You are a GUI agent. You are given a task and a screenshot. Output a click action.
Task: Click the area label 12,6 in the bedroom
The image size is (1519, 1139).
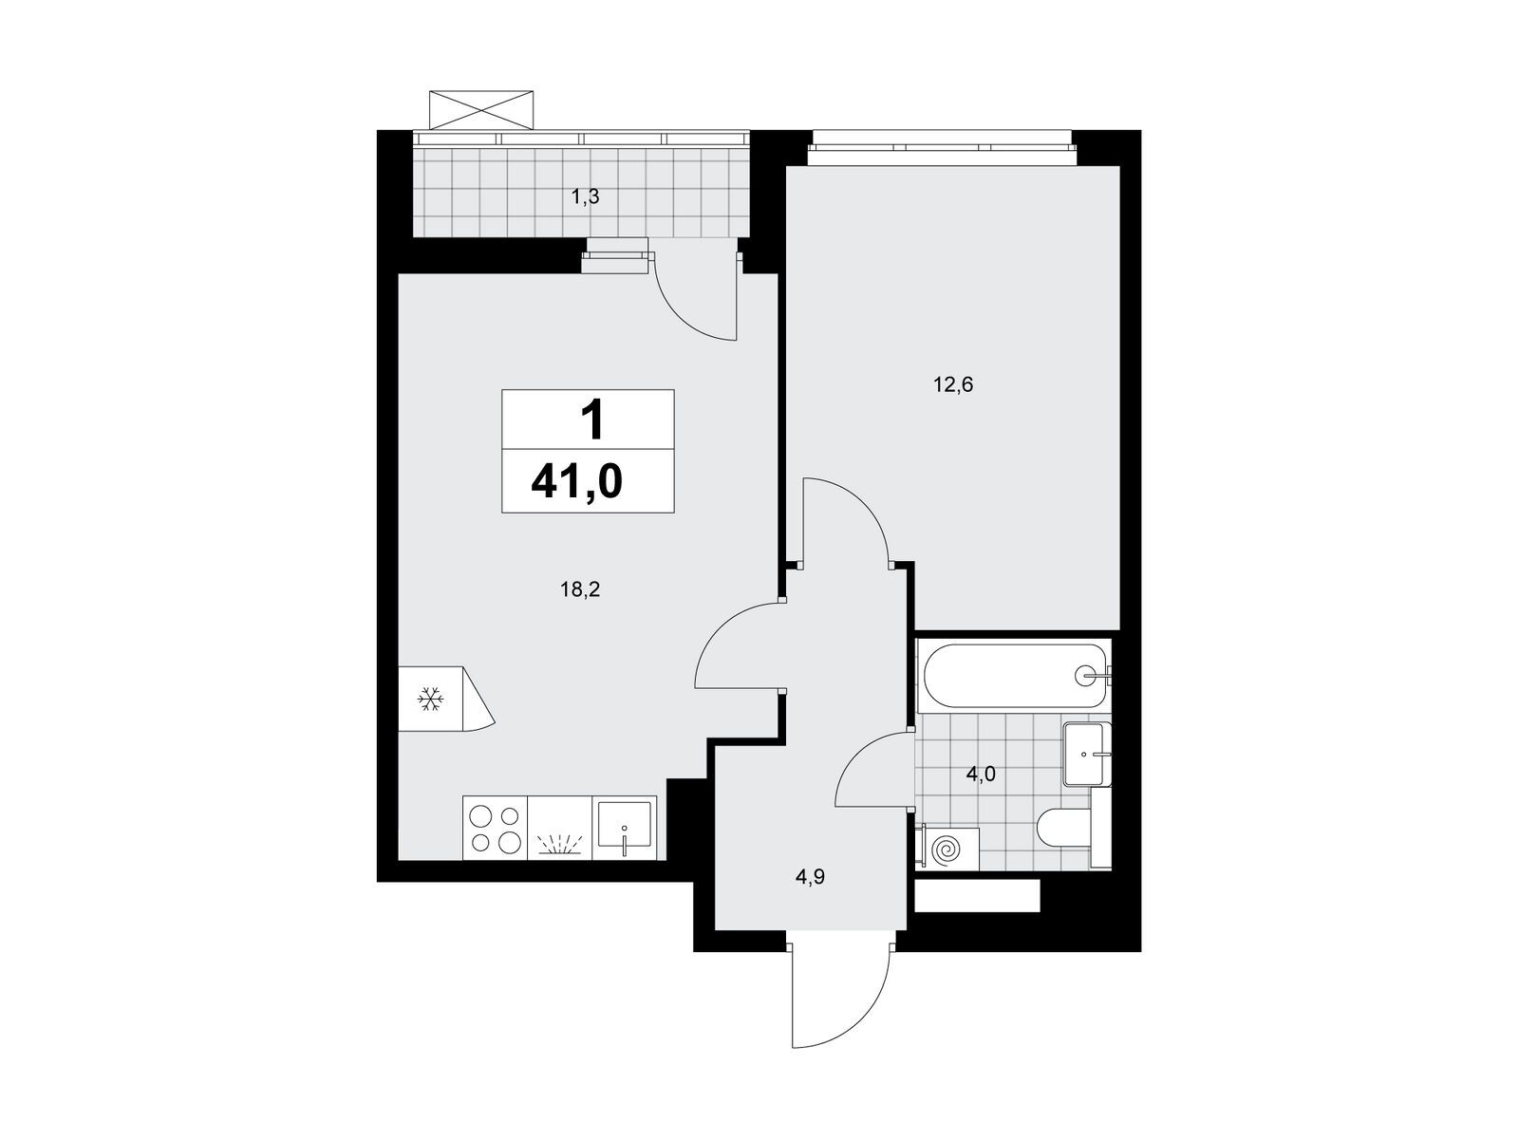(x=953, y=384)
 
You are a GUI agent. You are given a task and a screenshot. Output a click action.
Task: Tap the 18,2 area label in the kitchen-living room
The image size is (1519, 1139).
(x=580, y=589)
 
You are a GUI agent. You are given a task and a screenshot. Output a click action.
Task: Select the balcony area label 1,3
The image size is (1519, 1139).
(x=585, y=197)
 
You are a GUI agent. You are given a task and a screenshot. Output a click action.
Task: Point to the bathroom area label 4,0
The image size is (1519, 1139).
(x=981, y=774)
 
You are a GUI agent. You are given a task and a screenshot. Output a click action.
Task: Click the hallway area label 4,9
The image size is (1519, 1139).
(x=811, y=878)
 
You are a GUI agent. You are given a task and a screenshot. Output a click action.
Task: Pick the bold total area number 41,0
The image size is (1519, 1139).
(x=577, y=481)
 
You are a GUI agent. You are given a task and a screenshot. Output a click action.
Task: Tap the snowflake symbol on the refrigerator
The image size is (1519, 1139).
(x=430, y=700)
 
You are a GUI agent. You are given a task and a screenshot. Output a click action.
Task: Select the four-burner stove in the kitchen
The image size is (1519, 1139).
(x=495, y=828)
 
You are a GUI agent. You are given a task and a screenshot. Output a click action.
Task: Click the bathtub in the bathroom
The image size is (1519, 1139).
(x=1014, y=676)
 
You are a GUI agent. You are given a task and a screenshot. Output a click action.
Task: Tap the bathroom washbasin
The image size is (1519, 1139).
(x=1087, y=754)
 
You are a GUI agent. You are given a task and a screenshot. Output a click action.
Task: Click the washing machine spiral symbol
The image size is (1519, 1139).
(x=946, y=848)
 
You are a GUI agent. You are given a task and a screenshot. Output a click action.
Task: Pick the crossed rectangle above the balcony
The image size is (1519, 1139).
(x=481, y=109)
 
